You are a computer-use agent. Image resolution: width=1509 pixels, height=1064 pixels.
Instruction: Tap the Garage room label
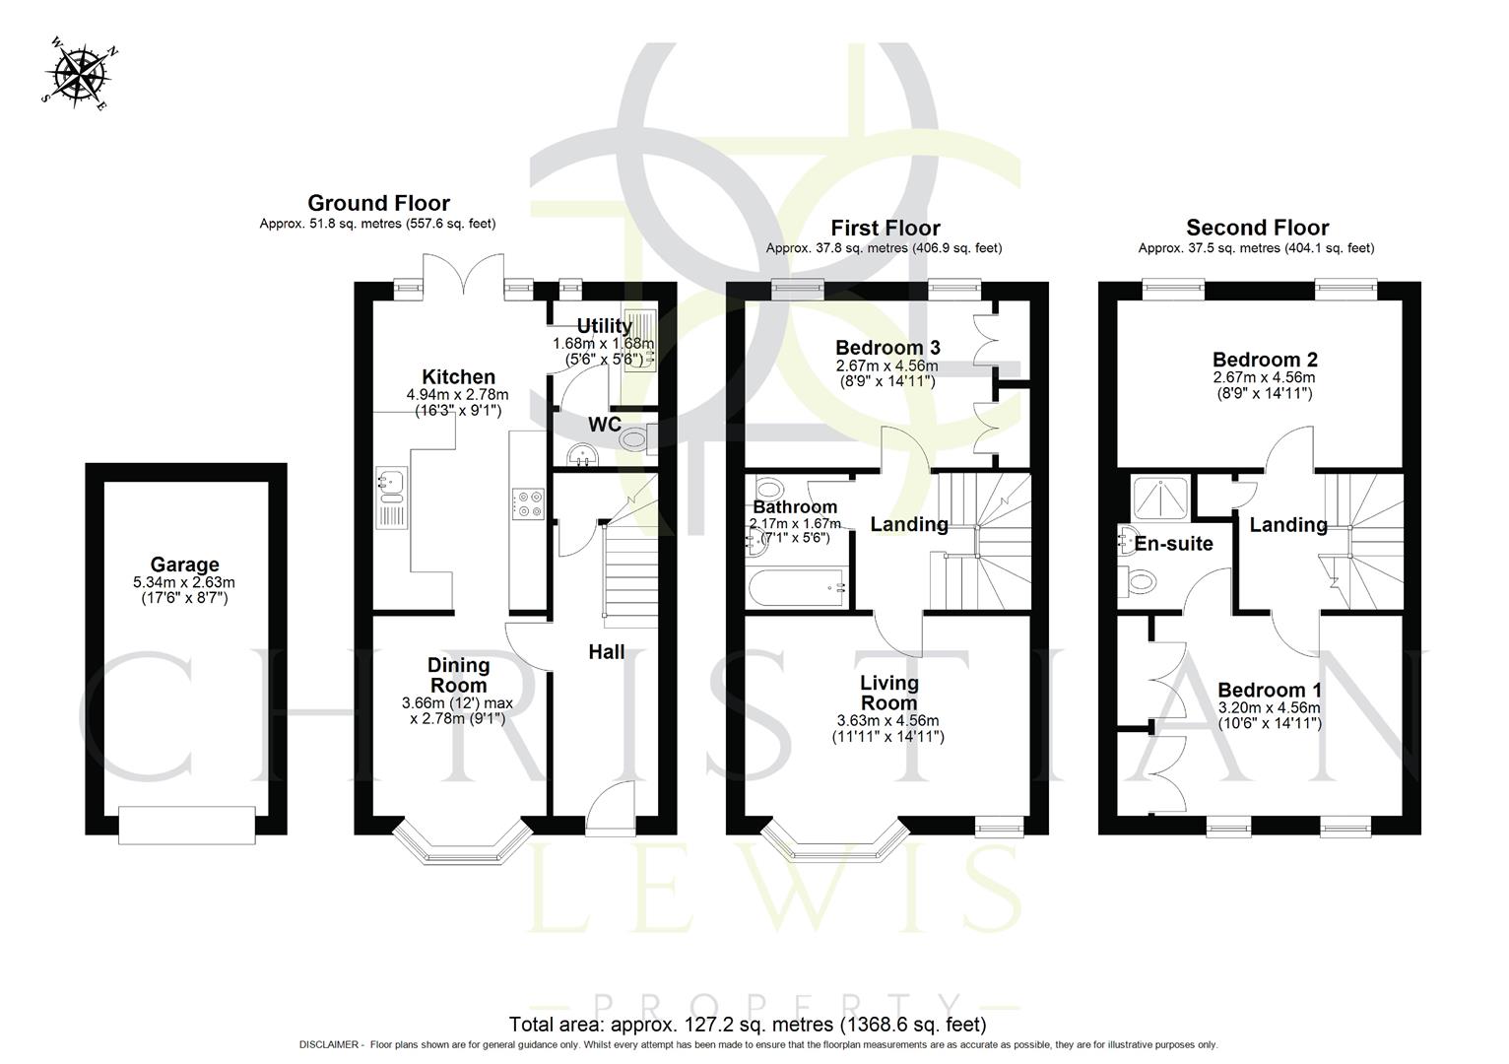tap(184, 565)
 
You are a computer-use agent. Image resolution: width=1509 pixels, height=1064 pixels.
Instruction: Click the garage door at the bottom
tap(186, 825)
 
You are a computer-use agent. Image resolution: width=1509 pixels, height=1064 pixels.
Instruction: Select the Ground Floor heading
tap(378, 203)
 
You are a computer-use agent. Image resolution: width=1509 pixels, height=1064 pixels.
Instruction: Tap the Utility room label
tap(604, 326)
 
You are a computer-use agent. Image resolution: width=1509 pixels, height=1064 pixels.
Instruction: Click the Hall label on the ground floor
tap(607, 651)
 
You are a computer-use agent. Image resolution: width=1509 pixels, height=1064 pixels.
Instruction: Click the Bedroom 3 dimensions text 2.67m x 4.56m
tap(887, 366)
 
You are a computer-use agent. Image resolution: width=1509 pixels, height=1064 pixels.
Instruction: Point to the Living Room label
tap(888, 693)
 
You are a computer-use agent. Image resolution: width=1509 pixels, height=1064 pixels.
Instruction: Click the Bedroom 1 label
tap(1270, 691)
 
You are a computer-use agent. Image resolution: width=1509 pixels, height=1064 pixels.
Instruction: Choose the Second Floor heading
tap(1257, 228)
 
